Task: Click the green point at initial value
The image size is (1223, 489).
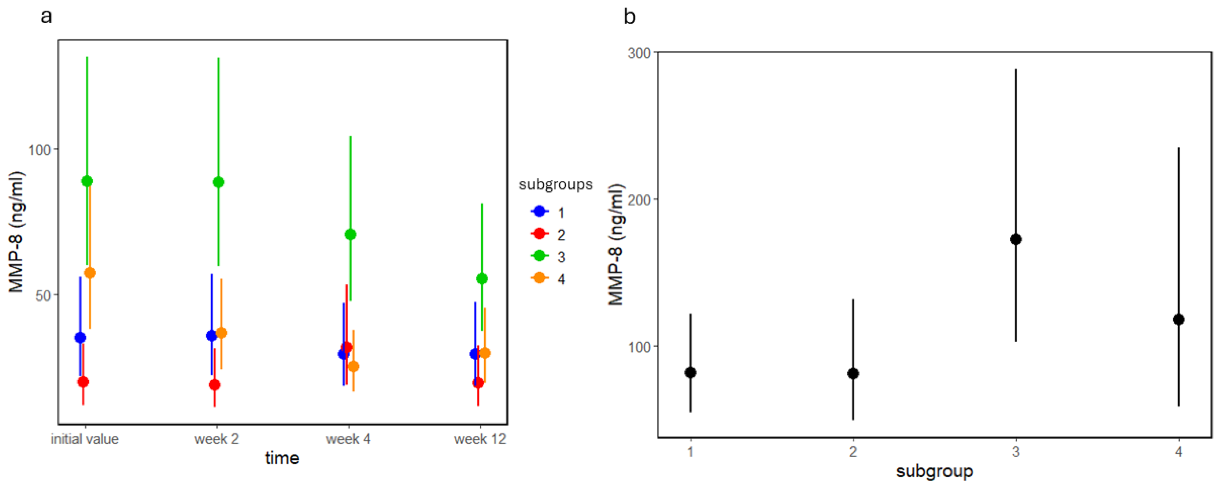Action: point(87,181)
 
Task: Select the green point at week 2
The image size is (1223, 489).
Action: point(219,182)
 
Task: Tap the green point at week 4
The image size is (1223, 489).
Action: point(350,234)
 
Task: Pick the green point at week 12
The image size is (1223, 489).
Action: point(482,279)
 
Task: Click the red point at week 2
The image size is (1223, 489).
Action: point(215,385)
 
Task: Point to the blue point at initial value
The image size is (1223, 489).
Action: point(80,338)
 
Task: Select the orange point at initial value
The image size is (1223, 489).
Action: point(90,273)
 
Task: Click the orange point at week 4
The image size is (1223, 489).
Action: point(353,367)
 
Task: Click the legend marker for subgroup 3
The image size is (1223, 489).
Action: point(539,256)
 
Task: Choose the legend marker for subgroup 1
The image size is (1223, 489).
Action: point(539,212)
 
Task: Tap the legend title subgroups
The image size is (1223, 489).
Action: point(556,184)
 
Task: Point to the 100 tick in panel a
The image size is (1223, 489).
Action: point(39,150)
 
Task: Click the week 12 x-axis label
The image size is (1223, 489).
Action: point(480,439)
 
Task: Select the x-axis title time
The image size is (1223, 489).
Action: point(282,458)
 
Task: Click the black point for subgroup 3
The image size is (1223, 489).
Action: point(1016,239)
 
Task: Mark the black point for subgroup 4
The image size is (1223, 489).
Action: point(1178,320)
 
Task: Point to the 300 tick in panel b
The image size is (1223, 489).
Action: point(639,53)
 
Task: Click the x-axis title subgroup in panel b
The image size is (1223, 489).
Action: point(934,471)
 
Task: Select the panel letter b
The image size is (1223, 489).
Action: point(629,17)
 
